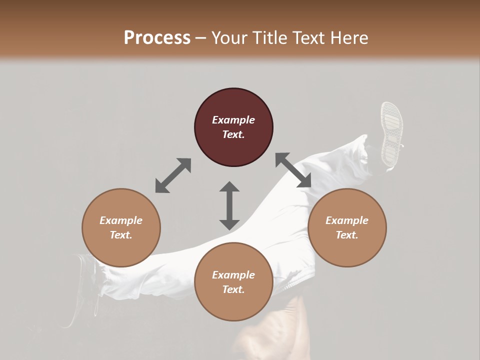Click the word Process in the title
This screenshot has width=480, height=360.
click(157, 38)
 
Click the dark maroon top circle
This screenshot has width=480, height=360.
click(233, 127)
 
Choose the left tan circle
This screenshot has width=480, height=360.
click(121, 227)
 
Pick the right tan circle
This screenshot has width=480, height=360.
click(346, 227)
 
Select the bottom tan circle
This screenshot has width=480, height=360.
click(233, 282)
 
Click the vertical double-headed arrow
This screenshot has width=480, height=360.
click(229, 205)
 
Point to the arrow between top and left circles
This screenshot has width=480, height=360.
click(173, 175)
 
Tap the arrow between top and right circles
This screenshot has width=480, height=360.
click(293, 170)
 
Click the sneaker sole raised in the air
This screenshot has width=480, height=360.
click(391, 133)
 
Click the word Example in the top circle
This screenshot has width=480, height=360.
click(233, 120)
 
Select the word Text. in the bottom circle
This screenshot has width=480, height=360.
click(233, 289)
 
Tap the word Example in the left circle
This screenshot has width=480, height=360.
click(121, 220)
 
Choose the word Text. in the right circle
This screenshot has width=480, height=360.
click(346, 235)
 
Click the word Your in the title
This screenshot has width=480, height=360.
click(229, 38)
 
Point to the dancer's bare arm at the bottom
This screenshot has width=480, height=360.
click(270, 335)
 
